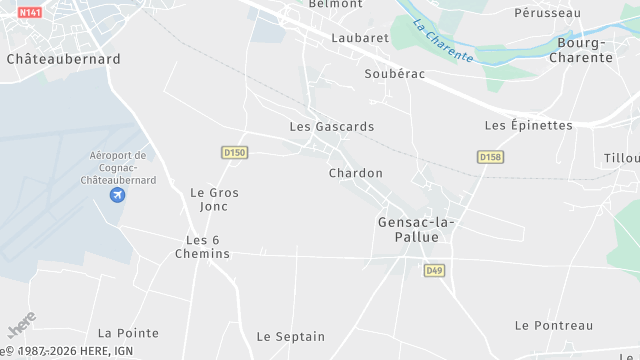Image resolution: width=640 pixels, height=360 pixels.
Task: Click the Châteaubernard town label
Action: click(x=63, y=59)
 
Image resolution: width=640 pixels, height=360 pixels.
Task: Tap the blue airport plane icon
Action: click(x=118, y=194)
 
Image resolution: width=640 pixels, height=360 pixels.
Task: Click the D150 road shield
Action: click(x=234, y=152)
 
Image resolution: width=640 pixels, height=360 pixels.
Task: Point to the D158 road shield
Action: click(x=489, y=157)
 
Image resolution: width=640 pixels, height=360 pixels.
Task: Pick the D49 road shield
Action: click(x=434, y=270)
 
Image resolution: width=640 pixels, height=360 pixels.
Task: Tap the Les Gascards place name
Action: click(x=331, y=127)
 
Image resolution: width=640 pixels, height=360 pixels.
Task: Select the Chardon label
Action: click(x=355, y=173)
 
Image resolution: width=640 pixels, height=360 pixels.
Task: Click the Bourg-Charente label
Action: click(x=584, y=50)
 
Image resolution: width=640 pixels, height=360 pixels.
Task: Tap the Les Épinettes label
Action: click(x=528, y=125)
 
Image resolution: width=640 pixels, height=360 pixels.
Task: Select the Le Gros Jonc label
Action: click(x=214, y=199)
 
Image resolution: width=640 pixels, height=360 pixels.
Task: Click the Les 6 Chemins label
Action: click(x=208, y=246)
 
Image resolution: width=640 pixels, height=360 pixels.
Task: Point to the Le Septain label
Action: click(x=291, y=336)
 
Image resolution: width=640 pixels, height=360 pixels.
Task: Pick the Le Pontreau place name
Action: click(x=554, y=325)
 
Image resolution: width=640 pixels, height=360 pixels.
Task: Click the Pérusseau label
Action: click(x=547, y=13)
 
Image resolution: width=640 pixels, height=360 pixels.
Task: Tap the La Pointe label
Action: click(x=128, y=332)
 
